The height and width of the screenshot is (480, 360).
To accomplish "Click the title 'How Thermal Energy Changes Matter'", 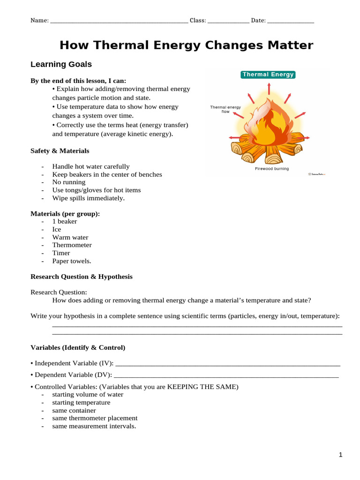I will point(186,45).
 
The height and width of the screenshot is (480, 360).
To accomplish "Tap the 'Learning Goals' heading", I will point(61,64).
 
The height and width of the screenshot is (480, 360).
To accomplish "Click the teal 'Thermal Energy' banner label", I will point(268,75).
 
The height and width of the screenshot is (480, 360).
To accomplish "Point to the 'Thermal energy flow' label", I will point(225,109).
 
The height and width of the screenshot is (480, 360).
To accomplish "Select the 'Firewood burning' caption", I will point(271,169).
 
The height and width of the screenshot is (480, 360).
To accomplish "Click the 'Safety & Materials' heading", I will point(60,151).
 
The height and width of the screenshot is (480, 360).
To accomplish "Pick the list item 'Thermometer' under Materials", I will point(72,245).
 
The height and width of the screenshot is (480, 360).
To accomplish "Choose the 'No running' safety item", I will point(69,182).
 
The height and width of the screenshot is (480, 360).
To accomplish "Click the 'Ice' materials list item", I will point(57,229).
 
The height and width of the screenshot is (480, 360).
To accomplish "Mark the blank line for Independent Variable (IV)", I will point(227,364).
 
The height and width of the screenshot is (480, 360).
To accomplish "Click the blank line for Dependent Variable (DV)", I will point(226,375).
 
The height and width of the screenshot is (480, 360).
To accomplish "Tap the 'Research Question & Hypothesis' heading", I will point(82,277).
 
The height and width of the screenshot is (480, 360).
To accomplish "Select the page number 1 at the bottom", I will point(341,455).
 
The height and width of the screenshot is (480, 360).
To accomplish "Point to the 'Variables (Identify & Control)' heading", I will point(78,348).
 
